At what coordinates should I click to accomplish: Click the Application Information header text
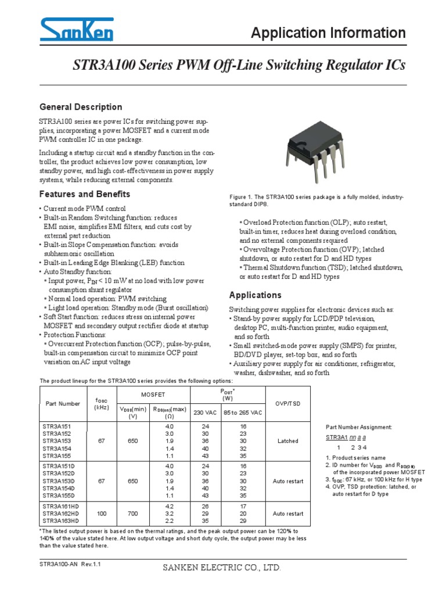[x=328, y=33]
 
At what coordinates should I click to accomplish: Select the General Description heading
[x=80, y=107]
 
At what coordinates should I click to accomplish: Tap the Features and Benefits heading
[x=84, y=194]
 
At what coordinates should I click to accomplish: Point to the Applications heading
[x=255, y=295]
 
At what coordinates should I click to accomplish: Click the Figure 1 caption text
[x=316, y=202]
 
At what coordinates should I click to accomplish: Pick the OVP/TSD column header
[x=287, y=403]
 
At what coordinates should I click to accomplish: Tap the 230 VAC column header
[x=203, y=412]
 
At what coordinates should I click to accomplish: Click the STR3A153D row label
[x=58, y=481]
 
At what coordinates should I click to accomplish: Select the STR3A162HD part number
[x=60, y=514]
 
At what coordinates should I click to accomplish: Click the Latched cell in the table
[x=287, y=441]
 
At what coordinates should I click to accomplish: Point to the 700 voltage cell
[x=132, y=514]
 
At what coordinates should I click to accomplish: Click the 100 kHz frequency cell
[x=98, y=514]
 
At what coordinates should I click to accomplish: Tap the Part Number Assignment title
[x=358, y=427]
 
